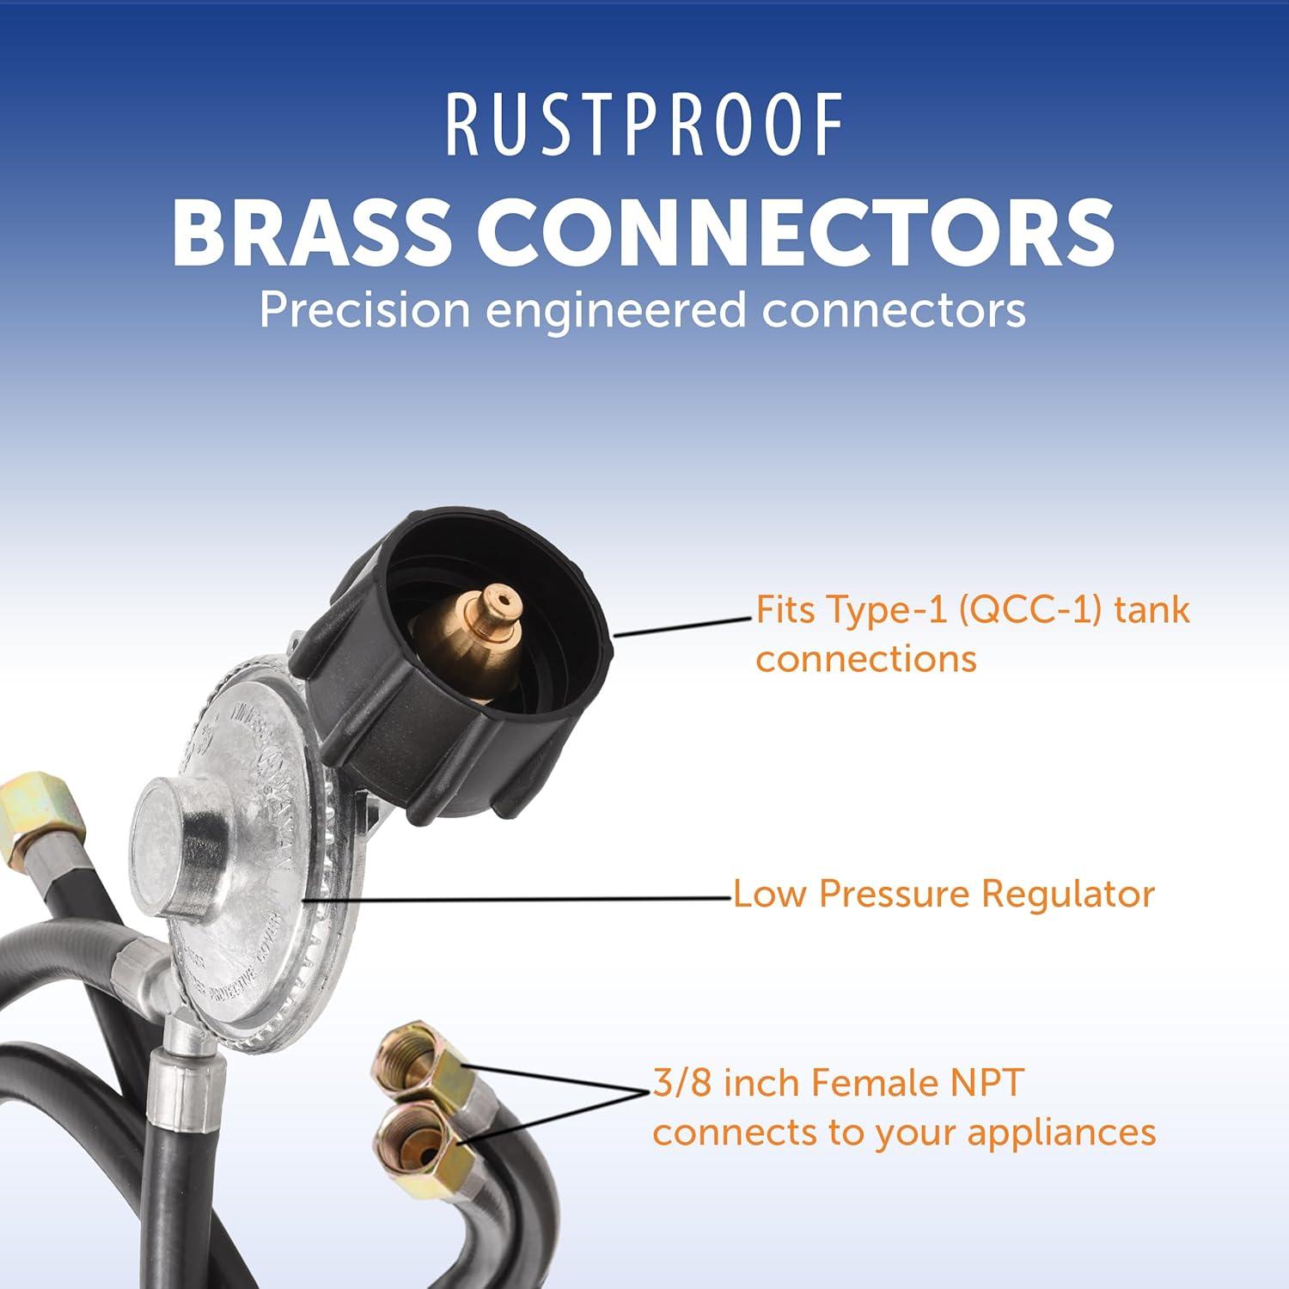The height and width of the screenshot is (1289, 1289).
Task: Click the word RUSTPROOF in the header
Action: click(644, 127)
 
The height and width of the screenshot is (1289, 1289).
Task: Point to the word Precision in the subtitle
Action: click(365, 309)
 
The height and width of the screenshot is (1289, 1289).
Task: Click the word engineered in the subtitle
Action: click(615, 309)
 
